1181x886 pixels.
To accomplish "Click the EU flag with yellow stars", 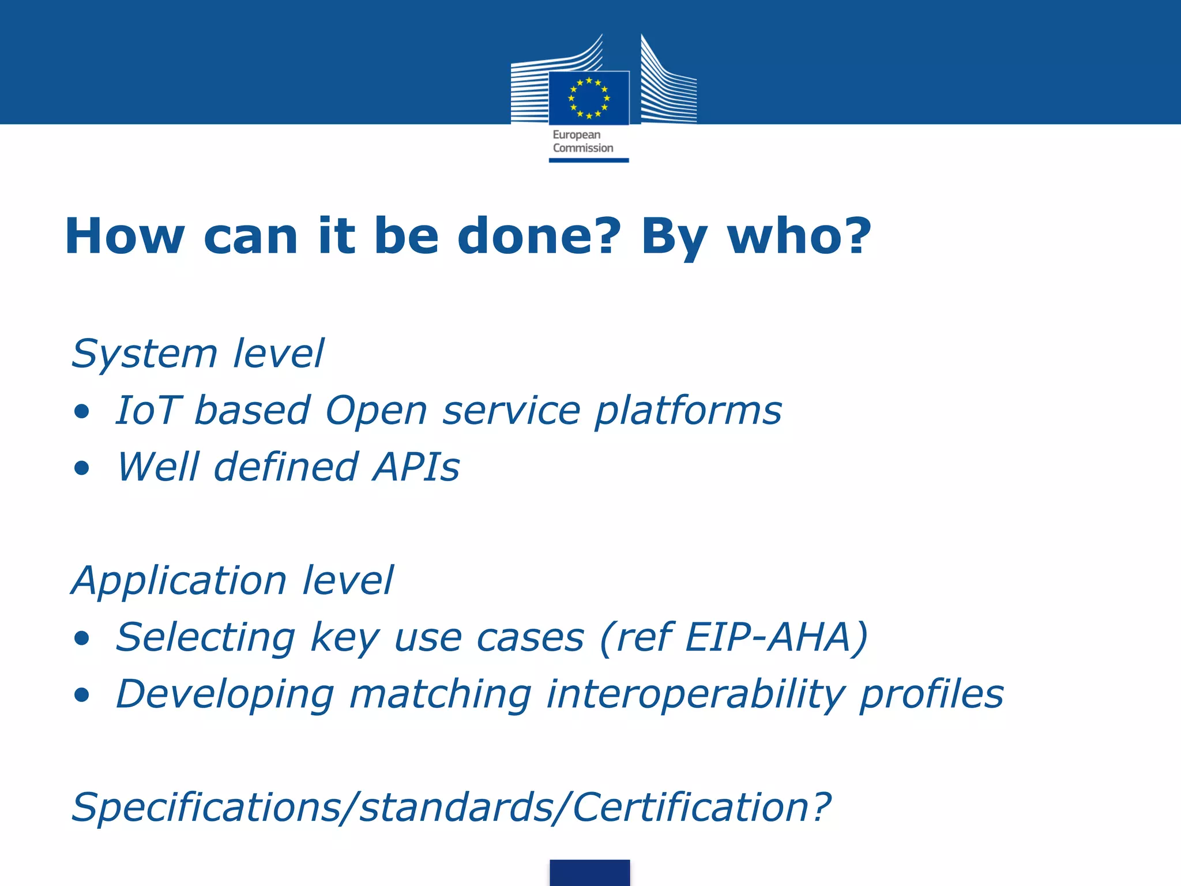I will click(589, 98).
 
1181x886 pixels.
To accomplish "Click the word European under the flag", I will click(576, 135).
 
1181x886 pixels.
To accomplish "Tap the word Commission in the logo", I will click(583, 148).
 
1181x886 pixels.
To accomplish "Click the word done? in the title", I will click(539, 236).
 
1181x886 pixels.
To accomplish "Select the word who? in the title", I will click(799, 236).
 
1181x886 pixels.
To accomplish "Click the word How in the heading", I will click(125, 236).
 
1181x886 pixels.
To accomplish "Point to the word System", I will click(144, 354).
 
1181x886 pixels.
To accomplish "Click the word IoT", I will click(149, 411).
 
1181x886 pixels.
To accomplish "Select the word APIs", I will click(416, 467).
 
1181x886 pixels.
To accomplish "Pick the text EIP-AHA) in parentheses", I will click(776, 637).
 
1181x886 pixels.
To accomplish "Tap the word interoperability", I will click(695, 694).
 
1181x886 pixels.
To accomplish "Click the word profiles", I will click(931, 694).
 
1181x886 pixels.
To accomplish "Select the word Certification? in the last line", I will click(701, 807).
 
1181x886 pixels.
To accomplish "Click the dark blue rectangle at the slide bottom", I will click(589, 872).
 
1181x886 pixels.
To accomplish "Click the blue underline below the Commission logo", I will click(589, 160).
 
